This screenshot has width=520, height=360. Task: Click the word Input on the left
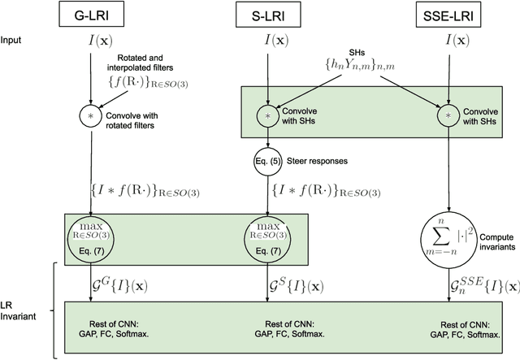pos(12,39)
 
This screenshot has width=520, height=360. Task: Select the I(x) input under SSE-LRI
pos(444,39)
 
